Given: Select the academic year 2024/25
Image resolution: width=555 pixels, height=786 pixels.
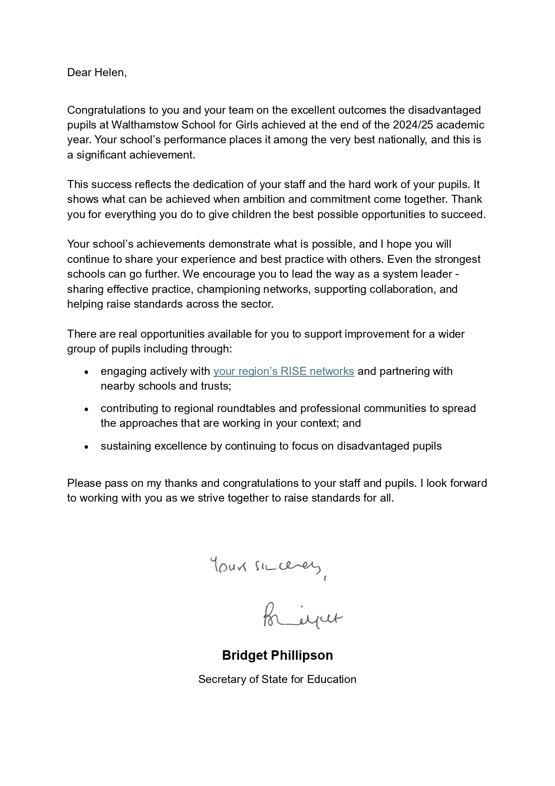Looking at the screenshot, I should (415, 125).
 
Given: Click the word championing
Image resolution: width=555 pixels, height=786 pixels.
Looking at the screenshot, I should (228, 289).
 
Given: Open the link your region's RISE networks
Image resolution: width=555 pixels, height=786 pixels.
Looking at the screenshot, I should (283, 371).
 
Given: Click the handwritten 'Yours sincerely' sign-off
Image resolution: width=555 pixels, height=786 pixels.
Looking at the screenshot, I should (267, 567).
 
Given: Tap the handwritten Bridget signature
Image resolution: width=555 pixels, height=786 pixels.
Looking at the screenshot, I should (302, 616).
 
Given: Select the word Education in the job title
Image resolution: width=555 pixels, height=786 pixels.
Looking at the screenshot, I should (332, 679).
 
